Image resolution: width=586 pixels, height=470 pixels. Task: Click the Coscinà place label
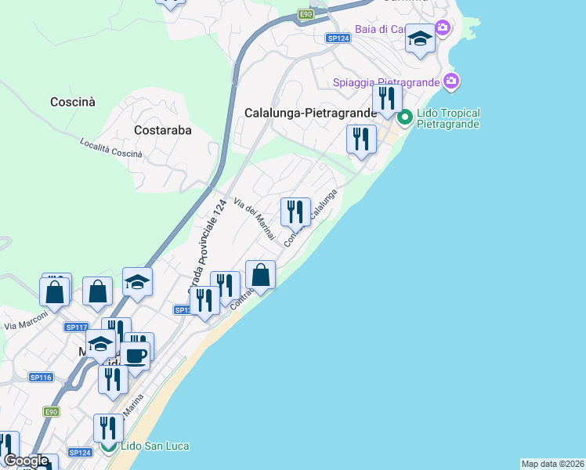72,102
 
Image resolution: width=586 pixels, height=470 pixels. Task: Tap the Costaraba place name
163,130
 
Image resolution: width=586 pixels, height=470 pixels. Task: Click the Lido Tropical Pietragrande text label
448,118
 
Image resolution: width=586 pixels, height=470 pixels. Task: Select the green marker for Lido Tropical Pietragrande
405,118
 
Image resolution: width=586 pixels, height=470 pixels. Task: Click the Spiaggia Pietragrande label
385,81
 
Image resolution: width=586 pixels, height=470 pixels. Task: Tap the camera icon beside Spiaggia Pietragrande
450,81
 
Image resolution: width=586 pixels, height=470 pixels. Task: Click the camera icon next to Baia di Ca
443,29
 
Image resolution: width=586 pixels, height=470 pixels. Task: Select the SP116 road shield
41,377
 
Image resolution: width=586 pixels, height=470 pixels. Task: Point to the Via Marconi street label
26,320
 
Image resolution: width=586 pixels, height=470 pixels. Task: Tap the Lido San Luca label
155,446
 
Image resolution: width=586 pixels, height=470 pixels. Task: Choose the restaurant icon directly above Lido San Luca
108,428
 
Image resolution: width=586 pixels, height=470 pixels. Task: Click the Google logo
25,461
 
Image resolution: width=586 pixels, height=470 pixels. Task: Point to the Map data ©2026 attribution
552,464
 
